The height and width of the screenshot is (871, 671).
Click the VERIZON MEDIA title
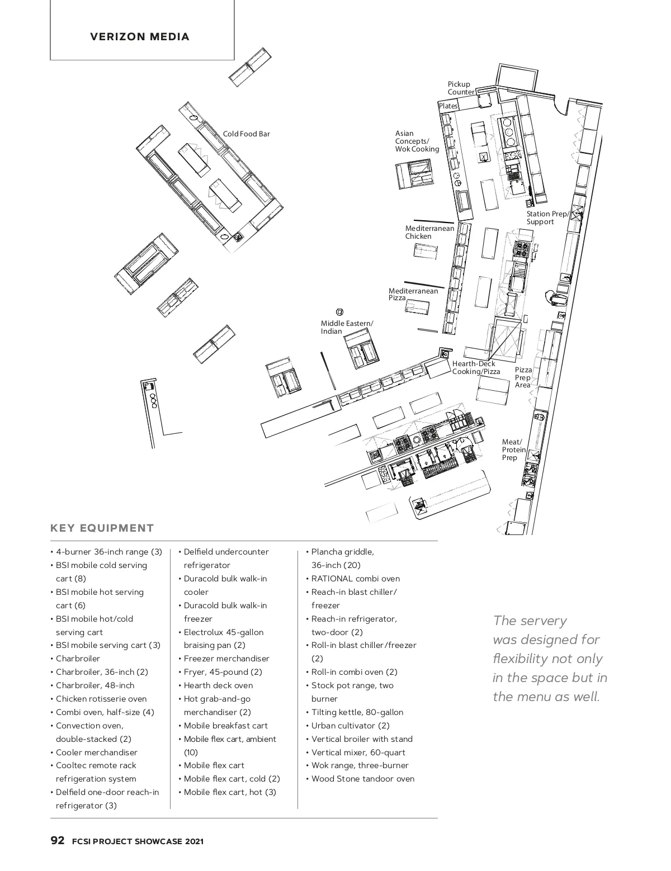coord(140,37)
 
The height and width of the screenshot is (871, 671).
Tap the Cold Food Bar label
coord(246,134)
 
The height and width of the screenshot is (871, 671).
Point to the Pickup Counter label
coord(461,88)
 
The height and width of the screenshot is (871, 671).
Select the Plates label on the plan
coord(448,106)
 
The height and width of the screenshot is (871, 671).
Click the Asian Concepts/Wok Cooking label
coord(417,141)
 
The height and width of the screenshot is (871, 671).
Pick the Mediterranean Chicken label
coord(429,233)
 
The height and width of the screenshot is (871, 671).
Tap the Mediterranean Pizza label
coord(413,295)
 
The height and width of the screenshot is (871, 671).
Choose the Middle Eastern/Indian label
coord(347,328)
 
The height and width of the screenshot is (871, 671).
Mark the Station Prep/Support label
coord(547,218)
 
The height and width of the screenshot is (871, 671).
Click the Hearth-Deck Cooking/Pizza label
coord(476,368)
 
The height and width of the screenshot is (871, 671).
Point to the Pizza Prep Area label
coord(523,377)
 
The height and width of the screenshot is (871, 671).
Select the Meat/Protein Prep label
coord(513,450)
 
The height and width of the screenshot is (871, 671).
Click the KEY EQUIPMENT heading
coord(102,528)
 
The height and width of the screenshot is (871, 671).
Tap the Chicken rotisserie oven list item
coord(101,699)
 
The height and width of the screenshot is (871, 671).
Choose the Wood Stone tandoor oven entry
coord(362,779)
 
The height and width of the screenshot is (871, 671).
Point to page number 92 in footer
coord(58,841)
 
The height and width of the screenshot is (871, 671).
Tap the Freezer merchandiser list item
coord(226,659)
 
